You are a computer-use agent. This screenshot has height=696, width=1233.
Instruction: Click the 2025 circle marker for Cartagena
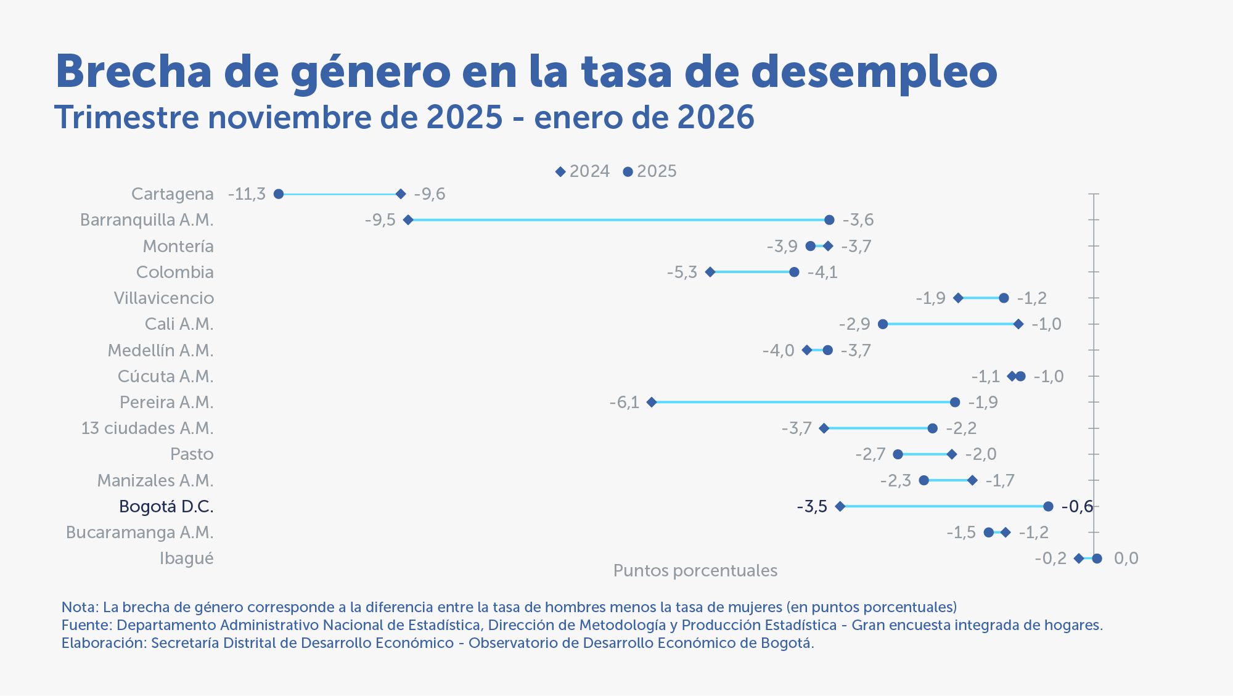coord(279,194)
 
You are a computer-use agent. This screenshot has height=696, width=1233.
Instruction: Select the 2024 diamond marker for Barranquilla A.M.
coord(408,220)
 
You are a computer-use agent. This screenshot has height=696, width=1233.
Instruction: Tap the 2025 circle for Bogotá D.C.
coord(1048,507)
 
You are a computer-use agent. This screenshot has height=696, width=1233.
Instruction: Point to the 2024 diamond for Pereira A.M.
coord(652,403)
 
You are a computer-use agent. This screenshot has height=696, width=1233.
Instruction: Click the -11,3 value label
coord(247,194)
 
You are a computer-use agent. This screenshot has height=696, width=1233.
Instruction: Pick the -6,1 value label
coord(624,403)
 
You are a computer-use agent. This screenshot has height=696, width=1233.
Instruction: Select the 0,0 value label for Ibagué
coord(1126,559)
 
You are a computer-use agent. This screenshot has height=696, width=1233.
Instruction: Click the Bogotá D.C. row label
coord(166,507)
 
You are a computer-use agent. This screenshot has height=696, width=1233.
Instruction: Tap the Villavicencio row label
coord(164,298)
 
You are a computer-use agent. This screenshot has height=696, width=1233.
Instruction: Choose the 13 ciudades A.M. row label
coord(147,428)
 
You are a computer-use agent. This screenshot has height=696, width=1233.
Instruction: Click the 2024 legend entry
coord(583,171)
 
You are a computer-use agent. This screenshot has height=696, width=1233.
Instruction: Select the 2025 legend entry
coord(650,171)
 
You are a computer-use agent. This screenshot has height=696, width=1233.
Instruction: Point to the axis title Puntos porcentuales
coord(695,571)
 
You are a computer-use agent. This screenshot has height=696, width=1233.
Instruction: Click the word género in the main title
coord(371,73)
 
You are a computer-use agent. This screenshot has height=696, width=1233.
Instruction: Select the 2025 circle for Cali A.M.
coord(883,324)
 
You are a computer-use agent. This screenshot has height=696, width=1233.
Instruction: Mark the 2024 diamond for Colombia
coord(710,272)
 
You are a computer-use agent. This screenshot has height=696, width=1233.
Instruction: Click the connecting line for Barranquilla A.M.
coord(616,220)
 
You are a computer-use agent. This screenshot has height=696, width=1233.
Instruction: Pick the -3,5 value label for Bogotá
coord(812,507)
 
